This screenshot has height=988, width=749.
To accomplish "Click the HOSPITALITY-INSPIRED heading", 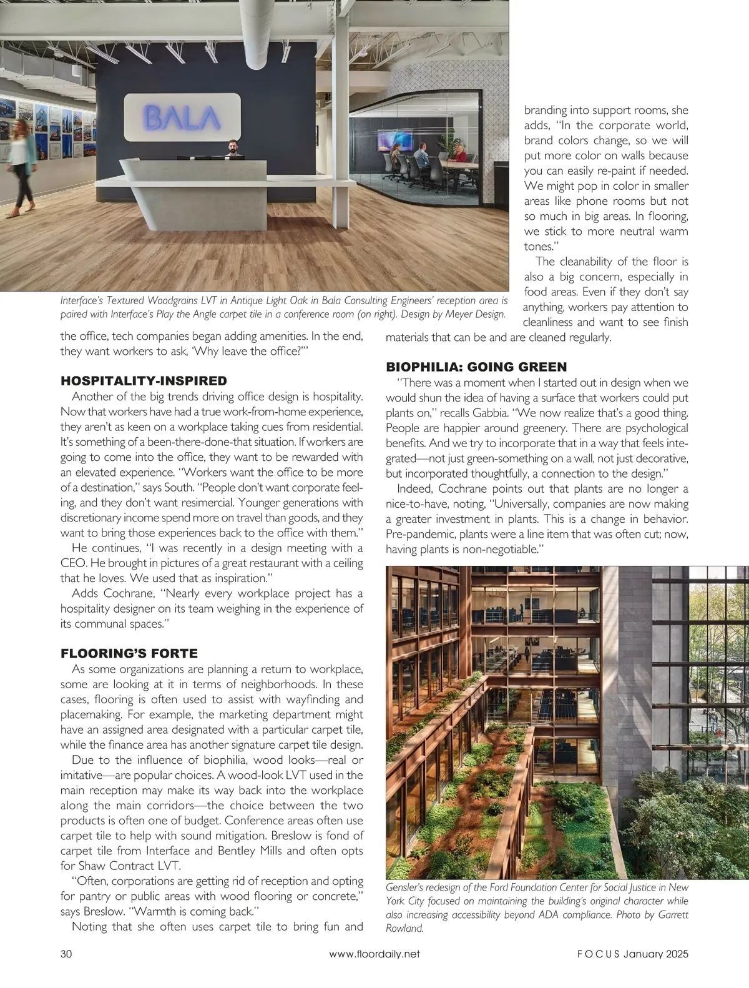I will pyautogui.click(x=143, y=380).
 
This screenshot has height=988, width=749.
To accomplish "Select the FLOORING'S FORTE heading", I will pyautogui.click(x=129, y=653).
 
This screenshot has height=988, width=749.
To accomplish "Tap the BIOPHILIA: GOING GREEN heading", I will pyautogui.click(x=476, y=366).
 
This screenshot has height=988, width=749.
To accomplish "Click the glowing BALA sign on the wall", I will pyautogui.click(x=182, y=117).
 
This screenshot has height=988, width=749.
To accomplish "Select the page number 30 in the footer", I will pyautogui.click(x=67, y=954).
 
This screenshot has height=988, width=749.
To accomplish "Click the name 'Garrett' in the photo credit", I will pyautogui.click(x=670, y=915).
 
